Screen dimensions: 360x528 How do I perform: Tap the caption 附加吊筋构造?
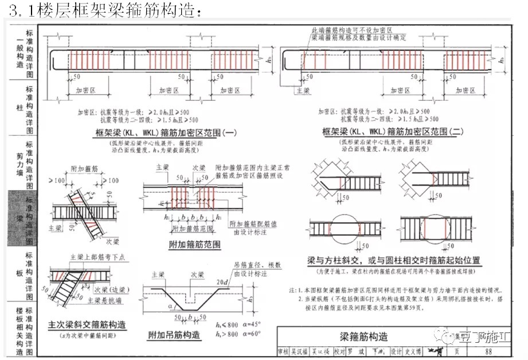181,334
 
